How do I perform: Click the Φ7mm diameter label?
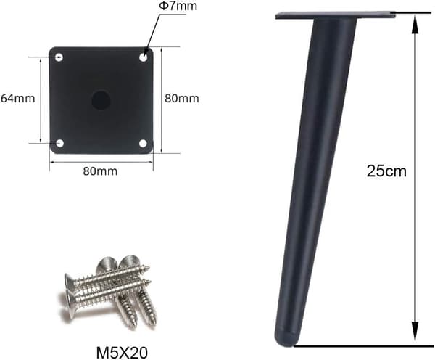178,6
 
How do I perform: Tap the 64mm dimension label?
17,98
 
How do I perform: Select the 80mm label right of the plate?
182,98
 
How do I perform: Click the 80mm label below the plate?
100,171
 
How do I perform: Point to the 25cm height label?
386,171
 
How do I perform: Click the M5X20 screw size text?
122,353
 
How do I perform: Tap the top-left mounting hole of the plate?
59,57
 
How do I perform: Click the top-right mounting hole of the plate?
143,57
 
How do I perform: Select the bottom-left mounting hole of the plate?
59,143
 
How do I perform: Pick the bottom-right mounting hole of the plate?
143,143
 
